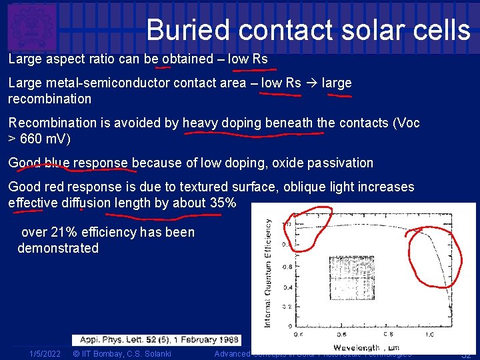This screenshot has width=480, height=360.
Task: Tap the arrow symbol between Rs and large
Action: coord(311,83)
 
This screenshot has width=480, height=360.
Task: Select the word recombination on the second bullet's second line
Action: coord(49,99)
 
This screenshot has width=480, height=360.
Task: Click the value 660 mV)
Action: coord(46,139)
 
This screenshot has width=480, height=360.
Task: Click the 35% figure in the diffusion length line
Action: coord(222,203)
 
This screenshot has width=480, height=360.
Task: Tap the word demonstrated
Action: coord(58,249)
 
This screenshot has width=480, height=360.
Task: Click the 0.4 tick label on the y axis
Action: coord(287,287)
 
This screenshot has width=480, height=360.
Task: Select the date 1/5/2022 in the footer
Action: coord(45,354)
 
